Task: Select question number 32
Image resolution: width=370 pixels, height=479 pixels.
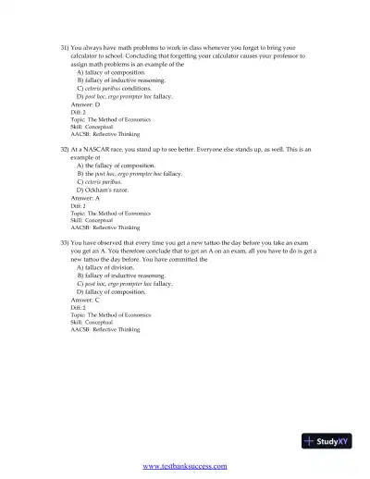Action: pos(65,147)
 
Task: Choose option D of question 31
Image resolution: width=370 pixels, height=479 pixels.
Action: pos(125,96)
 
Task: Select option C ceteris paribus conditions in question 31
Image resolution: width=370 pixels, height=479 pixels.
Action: pos(120,88)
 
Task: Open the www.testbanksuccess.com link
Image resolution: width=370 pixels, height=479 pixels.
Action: pos(185,466)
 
